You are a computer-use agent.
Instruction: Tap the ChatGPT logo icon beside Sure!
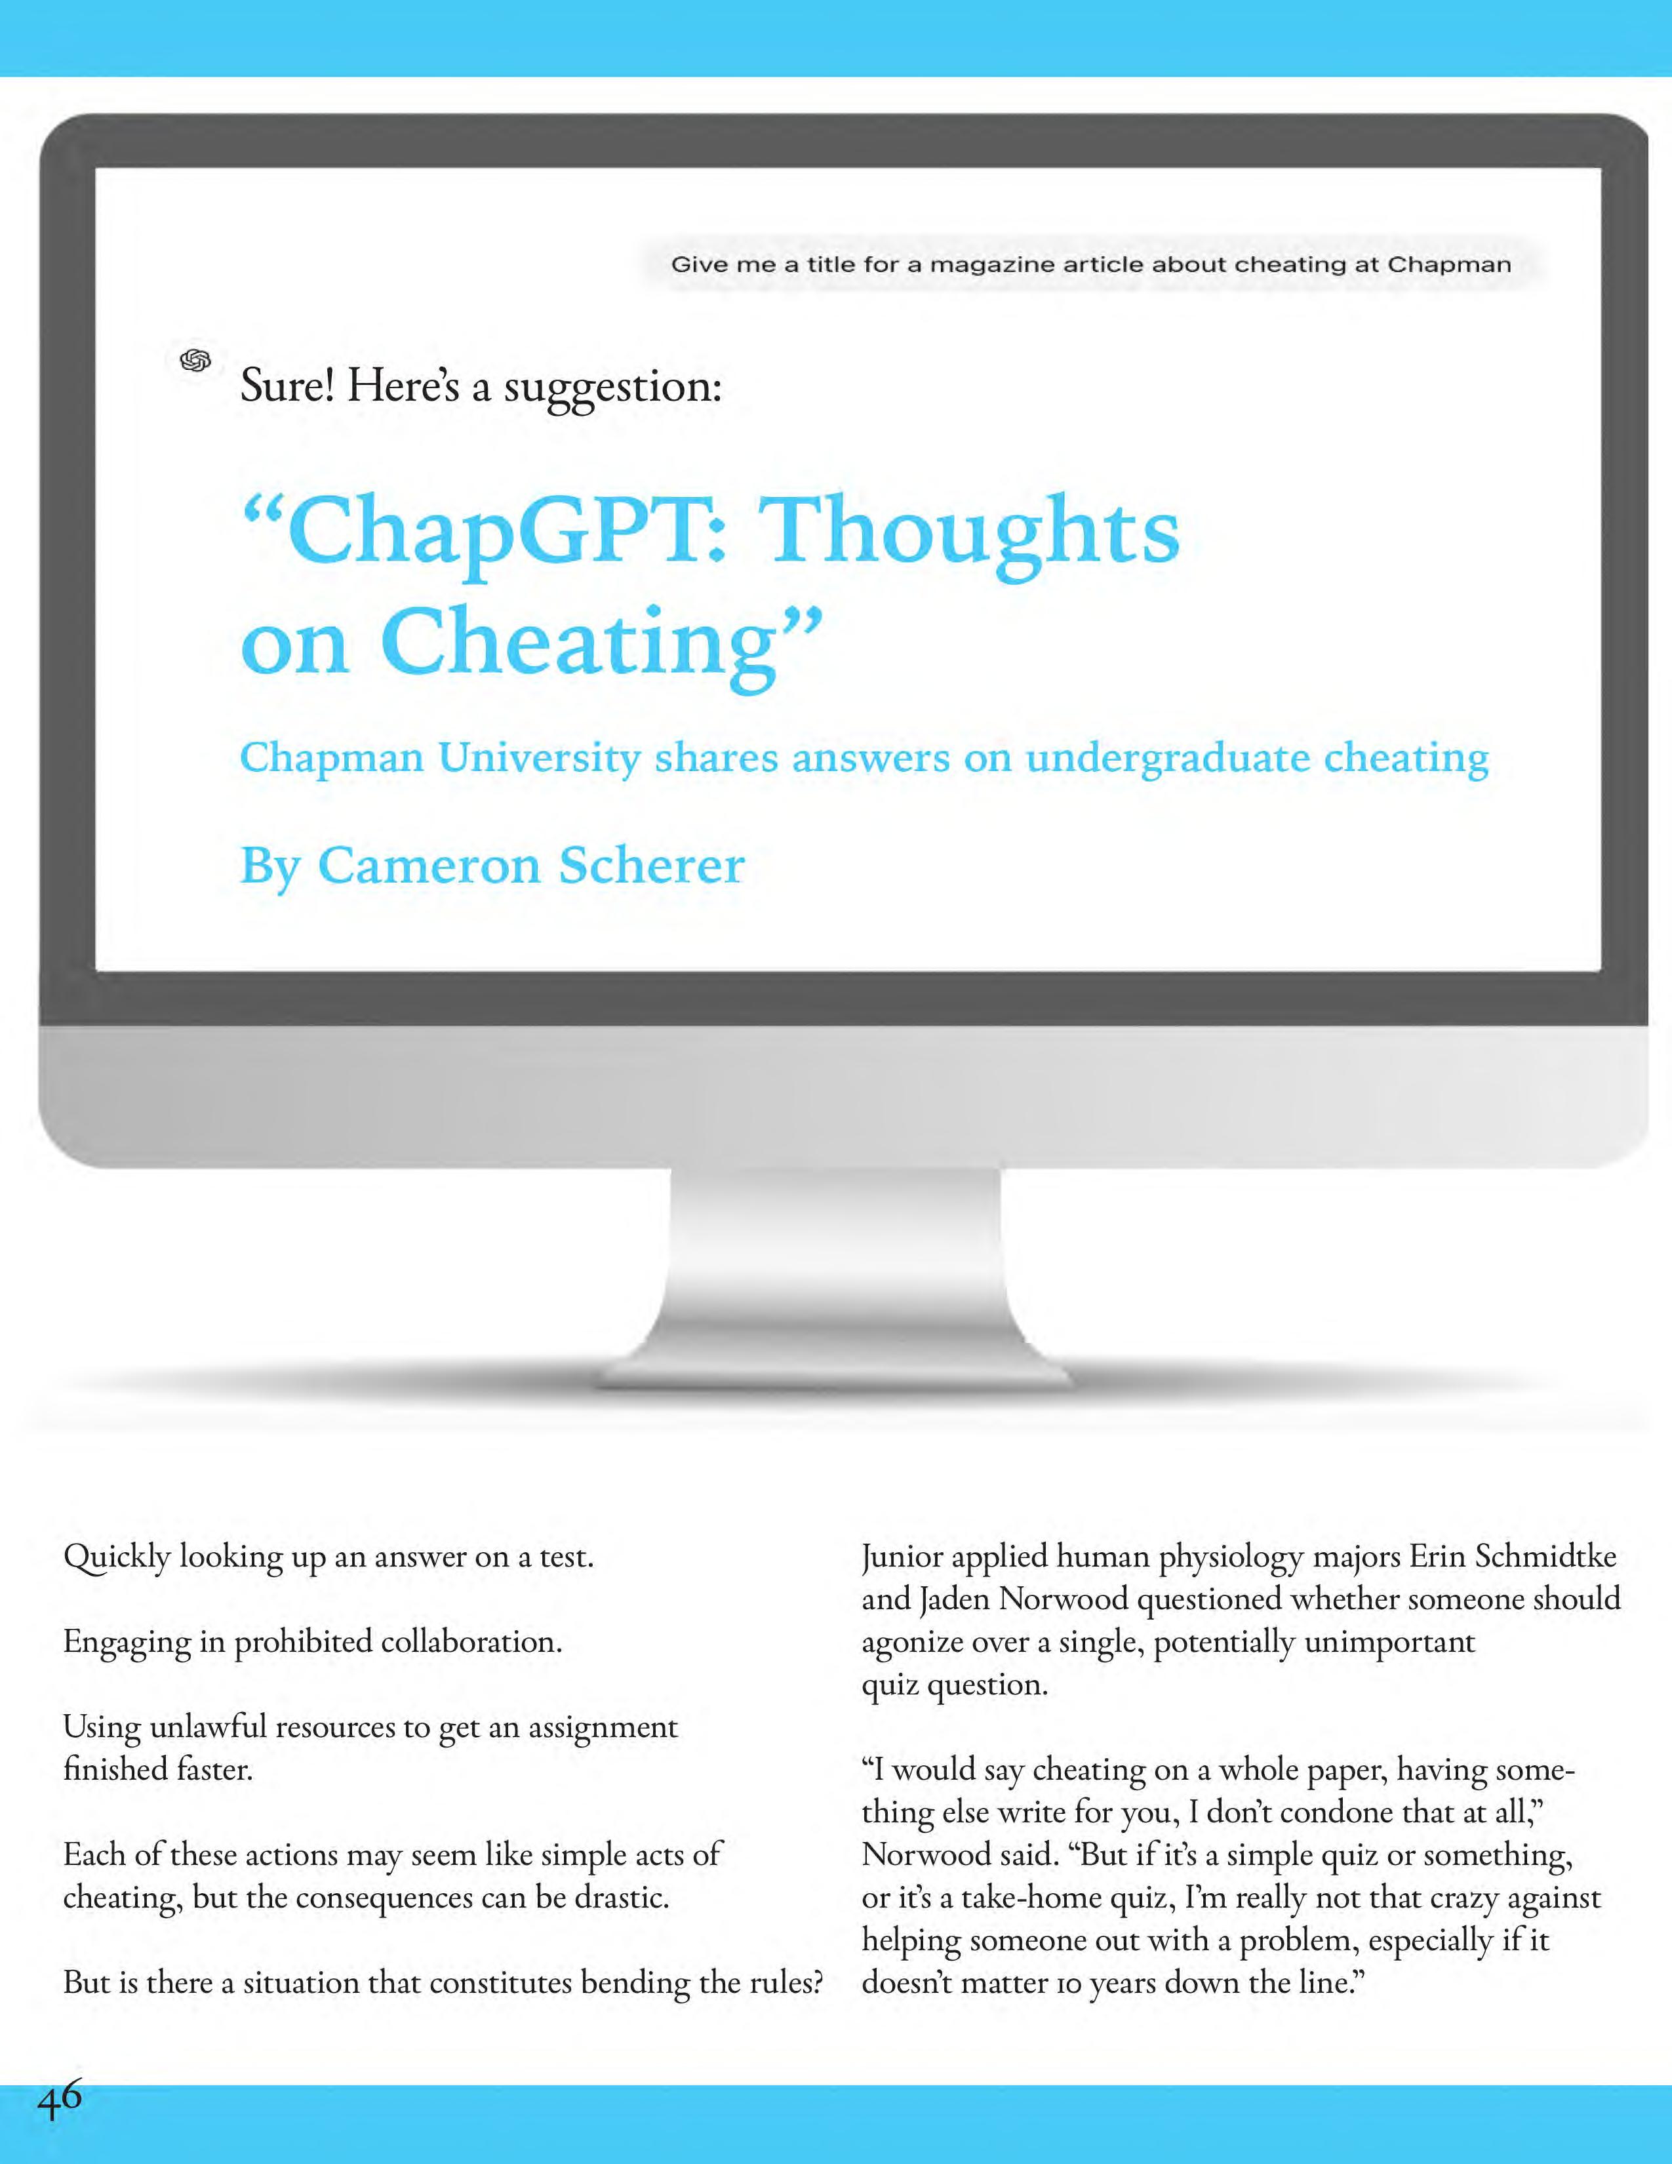[x=195, y=361]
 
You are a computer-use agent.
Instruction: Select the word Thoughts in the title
[x=972, y=532]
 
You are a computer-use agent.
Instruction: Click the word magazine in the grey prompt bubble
[x=991, y=264]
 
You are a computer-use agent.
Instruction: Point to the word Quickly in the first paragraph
[x=116, y=1557]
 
